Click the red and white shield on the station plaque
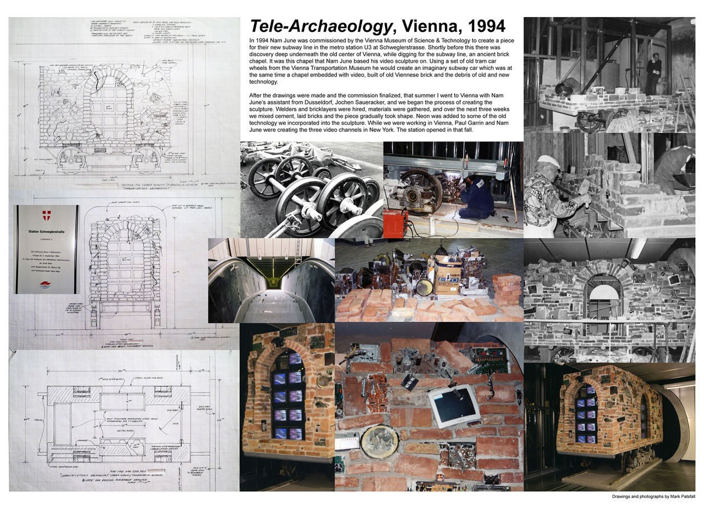click(x=46, y=215)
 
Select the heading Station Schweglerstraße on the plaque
click(x=46, y=232)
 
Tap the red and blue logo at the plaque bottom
click(x=47, y=284)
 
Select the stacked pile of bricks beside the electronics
click(x=506, y=289)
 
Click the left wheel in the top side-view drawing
click(x=71, y=160)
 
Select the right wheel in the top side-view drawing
click(x=146, y=160)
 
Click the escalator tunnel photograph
click(x=271, y=281)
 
